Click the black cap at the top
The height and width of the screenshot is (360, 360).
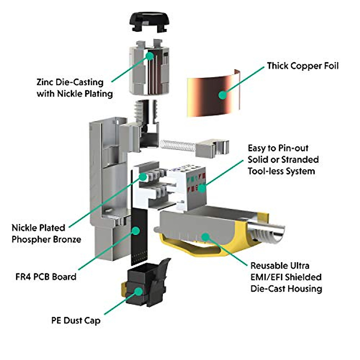tap(149, 22)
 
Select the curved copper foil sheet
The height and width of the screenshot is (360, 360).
tap(214, 93)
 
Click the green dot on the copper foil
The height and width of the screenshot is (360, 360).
tap(223, 95)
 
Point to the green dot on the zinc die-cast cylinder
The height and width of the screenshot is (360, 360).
tap(149, 56)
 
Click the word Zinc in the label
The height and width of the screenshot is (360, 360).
tap(45, 82)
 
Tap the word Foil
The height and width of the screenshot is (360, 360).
tap(331, 66)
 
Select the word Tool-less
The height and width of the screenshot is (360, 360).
tap(265, 171)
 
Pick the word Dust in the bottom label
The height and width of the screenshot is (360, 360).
tap(72, 321)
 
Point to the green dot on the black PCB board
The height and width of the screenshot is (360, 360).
tap(136, 231)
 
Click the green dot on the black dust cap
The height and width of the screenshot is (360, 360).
tap(138, 291)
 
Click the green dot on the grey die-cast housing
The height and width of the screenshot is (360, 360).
tap(205, 237)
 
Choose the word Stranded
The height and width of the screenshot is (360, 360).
tap(300, 160)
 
